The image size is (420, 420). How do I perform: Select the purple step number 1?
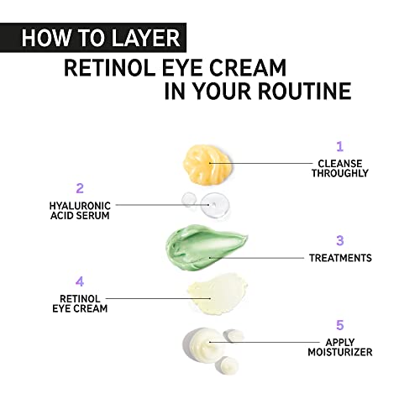pyautogui.click(x=339, y=145)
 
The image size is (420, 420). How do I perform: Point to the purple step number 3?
pyautogui.click(x=339, y=240)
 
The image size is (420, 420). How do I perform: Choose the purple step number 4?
pyautogui.click(x=80, y=281)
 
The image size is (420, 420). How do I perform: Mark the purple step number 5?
pyautogui.click(x=339, y=323)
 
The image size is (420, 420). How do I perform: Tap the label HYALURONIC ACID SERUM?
pyautogui.click(x=80, y=209)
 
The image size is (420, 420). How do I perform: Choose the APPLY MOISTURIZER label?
pyautogui.click(x=340, y=346)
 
